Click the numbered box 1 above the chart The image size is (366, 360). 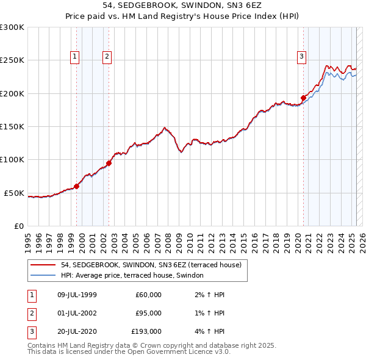pos(74,57)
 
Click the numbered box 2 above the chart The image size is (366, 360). pos(107,57)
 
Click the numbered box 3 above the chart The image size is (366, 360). pos(301,57)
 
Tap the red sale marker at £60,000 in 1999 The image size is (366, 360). pos(77,186)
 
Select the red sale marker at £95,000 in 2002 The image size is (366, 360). pos(109,163)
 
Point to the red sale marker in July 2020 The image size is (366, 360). pos(303,98)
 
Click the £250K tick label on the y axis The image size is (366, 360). pos(12,60)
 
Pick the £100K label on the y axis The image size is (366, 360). pos(12,160)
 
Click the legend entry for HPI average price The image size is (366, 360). pos(135,276)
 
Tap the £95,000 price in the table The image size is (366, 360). pos(148,313)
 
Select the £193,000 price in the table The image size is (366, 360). pos(146,332)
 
